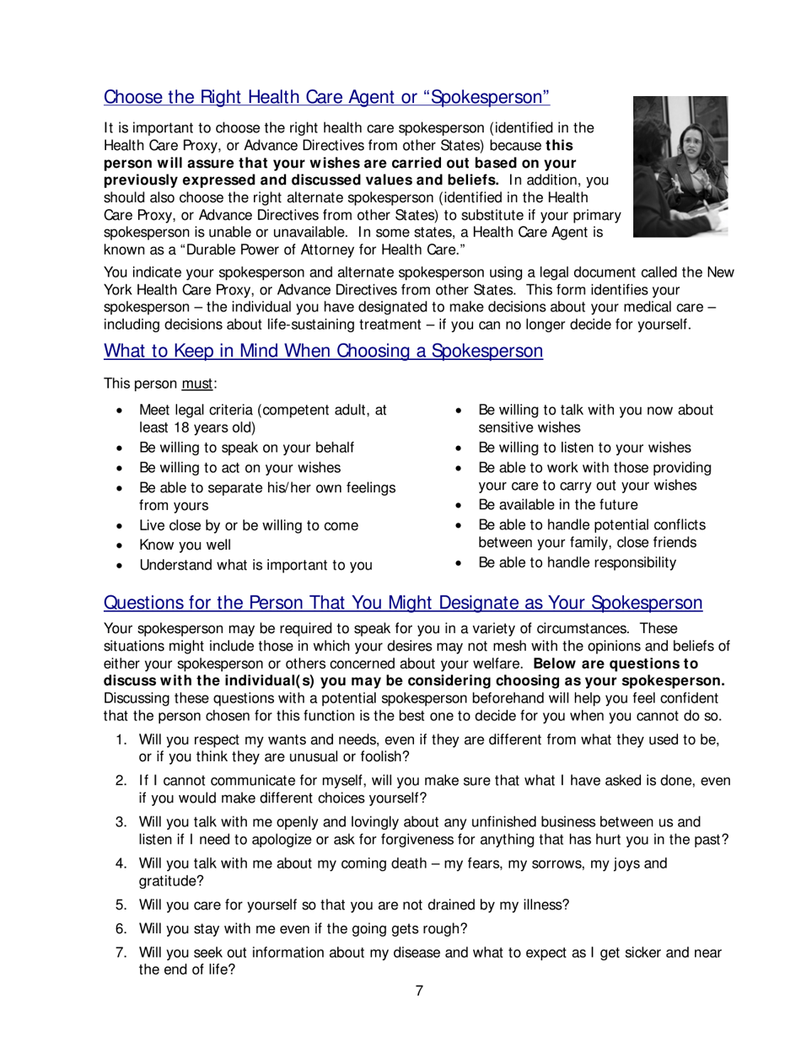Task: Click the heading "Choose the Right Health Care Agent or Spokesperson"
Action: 326,97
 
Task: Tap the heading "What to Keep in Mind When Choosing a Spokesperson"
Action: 323,351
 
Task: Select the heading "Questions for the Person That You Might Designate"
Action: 402,603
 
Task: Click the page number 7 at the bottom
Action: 419,991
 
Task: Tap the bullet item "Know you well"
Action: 185,545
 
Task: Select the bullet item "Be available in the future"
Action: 557,505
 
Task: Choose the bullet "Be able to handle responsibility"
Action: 577,562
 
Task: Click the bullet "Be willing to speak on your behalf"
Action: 246,448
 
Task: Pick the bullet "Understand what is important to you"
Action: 255,565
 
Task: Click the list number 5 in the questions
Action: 121,905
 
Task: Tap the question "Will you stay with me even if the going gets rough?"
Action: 304,929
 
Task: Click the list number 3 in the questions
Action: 121,821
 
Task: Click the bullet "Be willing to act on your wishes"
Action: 239,467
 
